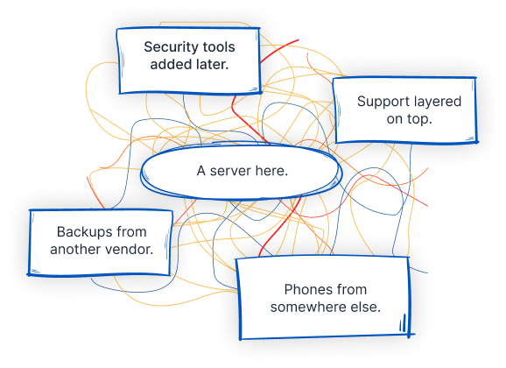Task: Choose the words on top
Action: pos(409,119)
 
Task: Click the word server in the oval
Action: pos(230,170)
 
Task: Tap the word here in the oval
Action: pos(271,170)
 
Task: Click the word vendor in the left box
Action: pos(132,249)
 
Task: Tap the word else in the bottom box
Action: pos(367,307)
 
